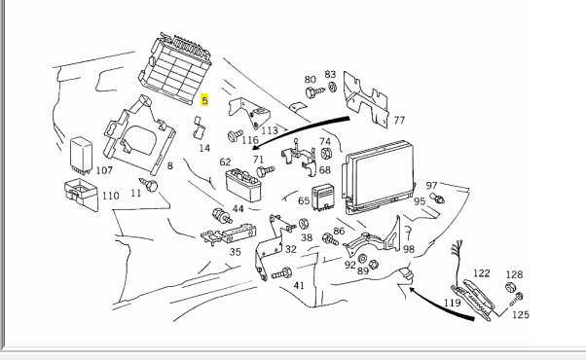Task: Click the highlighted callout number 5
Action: (x=204, y=100)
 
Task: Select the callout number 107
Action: (x=104, y=170)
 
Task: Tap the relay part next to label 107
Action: (x=81, y=155)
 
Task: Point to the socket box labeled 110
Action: (x=81, y=194)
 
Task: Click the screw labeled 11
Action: (x=149, y=185)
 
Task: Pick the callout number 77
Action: (x=399, y=121)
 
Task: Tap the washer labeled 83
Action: (x=332, y=88)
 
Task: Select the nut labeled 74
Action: (x=326, y=154)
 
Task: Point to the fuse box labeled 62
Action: (x=243, y=184)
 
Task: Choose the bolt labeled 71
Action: (x=266, y=171)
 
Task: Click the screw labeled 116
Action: (x=236, y=135)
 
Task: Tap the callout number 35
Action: (x=235, y=252)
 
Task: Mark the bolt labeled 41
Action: (x=281, y=273)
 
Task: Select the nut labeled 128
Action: (x=510, y=287)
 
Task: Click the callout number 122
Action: (x=481, y=273)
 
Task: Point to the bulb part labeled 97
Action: (x=437, y=198)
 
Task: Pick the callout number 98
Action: (x=409, y=249)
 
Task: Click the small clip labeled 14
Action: (x=200, y=127)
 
